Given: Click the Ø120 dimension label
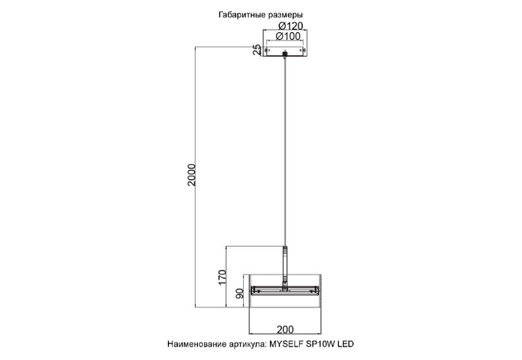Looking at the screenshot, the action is pyautogui.click(x=291, y=25).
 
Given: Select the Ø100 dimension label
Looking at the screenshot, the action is pyautogui.click(x=288, y=36).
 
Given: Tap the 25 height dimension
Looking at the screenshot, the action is pyautogui.click(x=257, y=49).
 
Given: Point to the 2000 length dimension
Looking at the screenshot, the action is pyautogui.click(x=192, y=175).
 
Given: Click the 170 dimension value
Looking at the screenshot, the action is pyautogui.click(x=223, y=277).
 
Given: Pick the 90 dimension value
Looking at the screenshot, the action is pyautogui.click(x=240, y=293).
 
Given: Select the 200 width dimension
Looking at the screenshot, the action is pyautogui.click(x=285, y=329).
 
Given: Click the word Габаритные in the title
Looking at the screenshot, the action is pyautogui.click(x=242, y=15).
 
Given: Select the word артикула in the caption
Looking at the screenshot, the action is pyautogui.click(x=248, y=344).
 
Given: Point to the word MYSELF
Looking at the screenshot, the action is pyautogui.click(x=286, y=344).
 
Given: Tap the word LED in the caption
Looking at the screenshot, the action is pyautogui.click(x=346, y=344).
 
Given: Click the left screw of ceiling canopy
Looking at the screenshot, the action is pyautogui.click(x=266, y=50).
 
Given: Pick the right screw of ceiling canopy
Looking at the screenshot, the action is pyautogui.click(x=303, y=50).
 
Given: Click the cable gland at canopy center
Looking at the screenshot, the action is pyautogui.click(x=285, y=53).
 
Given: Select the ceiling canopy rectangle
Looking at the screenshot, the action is pyautogui.click(x=285, y=56).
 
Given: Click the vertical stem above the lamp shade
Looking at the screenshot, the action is pyautogui.click(x=285, y=264).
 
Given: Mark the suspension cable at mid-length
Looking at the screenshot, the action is pyautogui.click(x=285, y=151).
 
